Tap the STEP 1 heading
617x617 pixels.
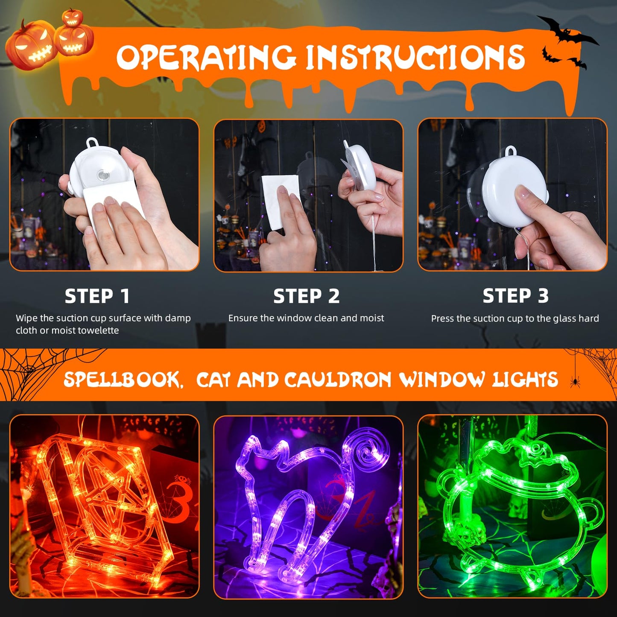click(x=97, y=296)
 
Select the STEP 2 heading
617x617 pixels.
click(x=306, y=296)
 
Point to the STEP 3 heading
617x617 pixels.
click(x=515, y=295)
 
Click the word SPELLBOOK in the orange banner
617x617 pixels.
click(x=122, y=380)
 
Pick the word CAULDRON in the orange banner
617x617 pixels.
click(x=337, y=380)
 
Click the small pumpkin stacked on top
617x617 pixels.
click(x=72, y=17)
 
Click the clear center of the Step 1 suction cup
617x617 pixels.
click(x=102, y=175)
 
